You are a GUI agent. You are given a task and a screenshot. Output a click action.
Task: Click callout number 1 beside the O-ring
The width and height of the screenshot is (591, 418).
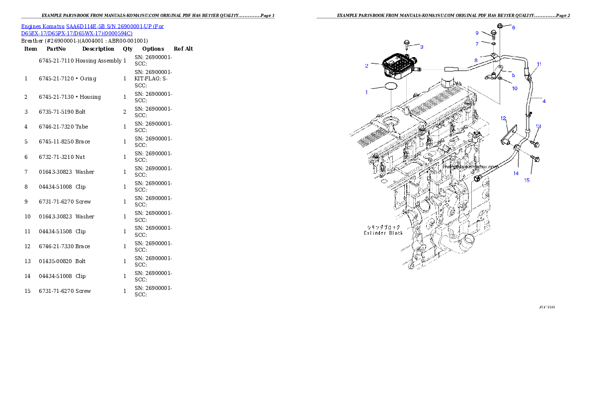(x=367, y=92)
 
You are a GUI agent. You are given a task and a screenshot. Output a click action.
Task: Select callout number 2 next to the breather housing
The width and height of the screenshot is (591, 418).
(x=367, y=66)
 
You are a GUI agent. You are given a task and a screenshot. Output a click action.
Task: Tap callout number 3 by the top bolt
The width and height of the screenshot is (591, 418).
(x=422, y=47)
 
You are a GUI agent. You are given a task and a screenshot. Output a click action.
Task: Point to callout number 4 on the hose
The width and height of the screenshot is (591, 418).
(x=544, y=101)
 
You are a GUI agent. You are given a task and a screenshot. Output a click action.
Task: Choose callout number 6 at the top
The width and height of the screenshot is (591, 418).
(x=514, y=28)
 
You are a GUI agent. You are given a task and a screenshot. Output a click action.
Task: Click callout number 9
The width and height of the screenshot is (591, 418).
(x=477, y=33)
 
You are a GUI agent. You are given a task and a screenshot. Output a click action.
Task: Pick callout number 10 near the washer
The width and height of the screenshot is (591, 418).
(x=515, y=88)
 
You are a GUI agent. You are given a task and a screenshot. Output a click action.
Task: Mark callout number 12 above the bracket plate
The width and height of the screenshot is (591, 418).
(x=503, y=118)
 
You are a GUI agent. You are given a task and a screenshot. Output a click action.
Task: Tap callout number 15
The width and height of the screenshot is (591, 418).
(x=527, y=180)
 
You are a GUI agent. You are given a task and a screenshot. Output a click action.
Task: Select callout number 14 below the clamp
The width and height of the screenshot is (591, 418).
(x=516, y=173)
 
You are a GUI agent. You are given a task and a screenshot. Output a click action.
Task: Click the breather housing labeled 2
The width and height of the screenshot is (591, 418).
(x=399, y=67)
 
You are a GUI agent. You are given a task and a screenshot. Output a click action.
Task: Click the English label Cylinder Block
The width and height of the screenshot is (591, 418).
(x=382, y=233)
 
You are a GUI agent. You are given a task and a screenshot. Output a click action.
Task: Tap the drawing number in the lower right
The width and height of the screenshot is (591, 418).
(x=547, y=307)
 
